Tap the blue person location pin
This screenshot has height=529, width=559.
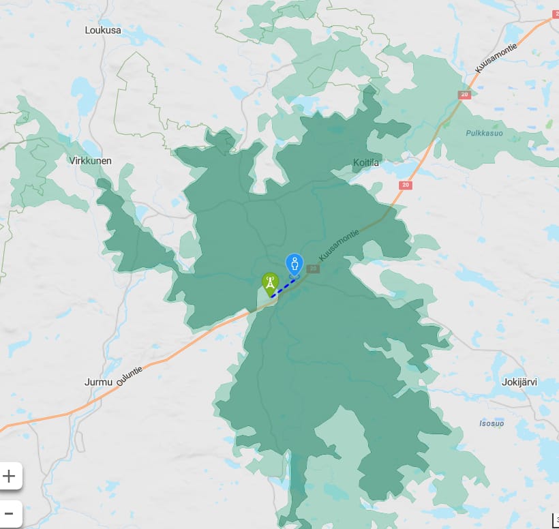(294, 264)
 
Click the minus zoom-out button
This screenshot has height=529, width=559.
(10, 513)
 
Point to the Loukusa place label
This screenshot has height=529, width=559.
(103, 30)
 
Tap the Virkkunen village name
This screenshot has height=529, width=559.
(90, 161)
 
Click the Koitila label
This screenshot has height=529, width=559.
(366, 162)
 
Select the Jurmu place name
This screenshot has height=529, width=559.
(98, 382)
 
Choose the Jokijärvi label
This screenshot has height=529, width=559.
(519, 382)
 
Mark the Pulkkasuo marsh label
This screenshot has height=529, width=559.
(485, 133)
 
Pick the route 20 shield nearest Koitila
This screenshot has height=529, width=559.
(406, 185)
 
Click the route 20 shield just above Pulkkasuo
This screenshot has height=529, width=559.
(464, 95)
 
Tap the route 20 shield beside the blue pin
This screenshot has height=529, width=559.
(313, 269)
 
